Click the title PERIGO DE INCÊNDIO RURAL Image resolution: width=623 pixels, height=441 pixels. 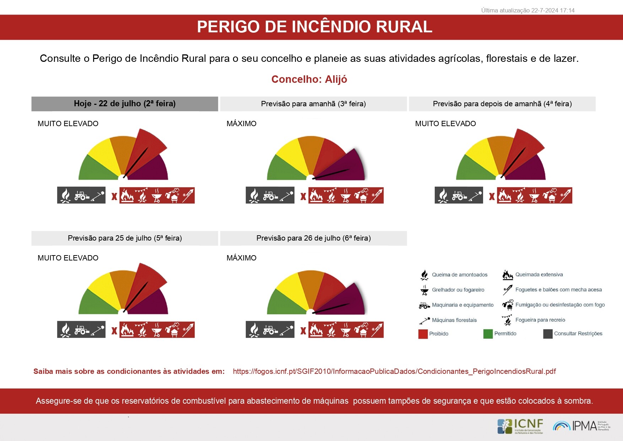(x=314, y=27)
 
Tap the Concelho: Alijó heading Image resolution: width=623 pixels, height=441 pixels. (x=309, y=79)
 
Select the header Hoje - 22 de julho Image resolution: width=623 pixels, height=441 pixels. (x=125, y=104)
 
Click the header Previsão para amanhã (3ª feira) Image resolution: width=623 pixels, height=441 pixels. (x=313, y=104)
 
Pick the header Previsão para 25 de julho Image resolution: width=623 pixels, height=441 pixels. (x=125, y=238)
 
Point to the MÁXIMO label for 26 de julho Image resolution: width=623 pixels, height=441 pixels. (x=242, y=258)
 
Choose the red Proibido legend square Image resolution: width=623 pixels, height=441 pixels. (x=423, y=334)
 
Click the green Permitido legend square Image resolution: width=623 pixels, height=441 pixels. (x=488, y=334)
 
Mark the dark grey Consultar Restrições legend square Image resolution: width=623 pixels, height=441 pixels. (x=548, y=334)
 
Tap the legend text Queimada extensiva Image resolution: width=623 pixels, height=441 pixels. (x=539, y=275)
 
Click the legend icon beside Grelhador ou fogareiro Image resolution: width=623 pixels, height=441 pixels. (x=424, y=290)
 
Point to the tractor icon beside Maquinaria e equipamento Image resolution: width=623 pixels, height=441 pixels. (x=424, y=305)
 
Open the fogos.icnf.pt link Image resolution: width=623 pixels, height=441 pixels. (x=394, y=371)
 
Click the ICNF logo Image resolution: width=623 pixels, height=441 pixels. (x=520, y=426)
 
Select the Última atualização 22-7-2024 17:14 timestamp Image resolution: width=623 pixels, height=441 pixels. (x=528, y=11)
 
